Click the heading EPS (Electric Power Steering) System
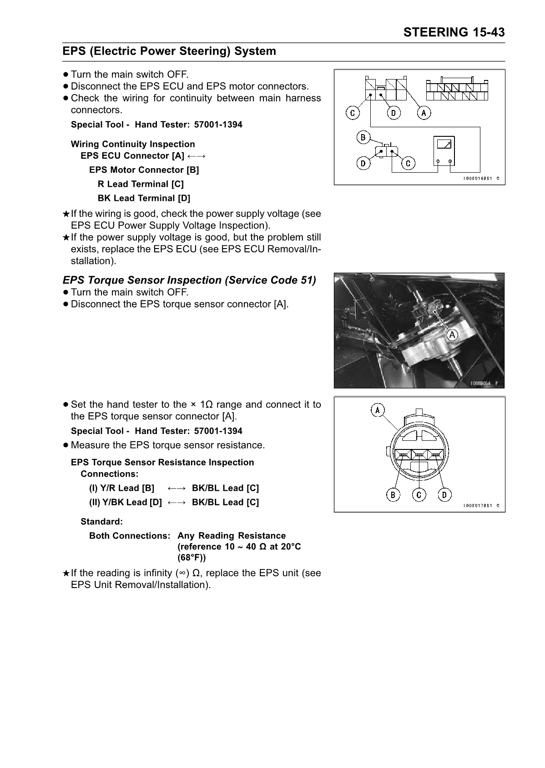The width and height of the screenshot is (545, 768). [169, 51]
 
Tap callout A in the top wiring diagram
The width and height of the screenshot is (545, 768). [424, 112]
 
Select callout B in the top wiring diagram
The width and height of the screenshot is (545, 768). [363, 137]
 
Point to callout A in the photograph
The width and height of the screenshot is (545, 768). [452, 335]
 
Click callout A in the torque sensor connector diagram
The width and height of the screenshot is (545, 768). [377, 410]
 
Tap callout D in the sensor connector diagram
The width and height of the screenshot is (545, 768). [444, 494]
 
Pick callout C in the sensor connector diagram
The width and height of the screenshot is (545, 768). [419, 494]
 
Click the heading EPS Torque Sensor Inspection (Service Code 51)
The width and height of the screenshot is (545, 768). [189, 280]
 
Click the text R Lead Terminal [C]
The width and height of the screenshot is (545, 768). [141, 184]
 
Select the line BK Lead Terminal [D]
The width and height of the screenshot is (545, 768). [144, 198]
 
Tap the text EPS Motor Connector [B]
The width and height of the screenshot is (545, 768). [144, 170]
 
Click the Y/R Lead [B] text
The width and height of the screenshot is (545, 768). [121, 488]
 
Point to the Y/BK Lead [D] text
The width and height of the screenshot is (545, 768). [125, 502]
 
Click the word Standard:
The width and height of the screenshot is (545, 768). [101, 521]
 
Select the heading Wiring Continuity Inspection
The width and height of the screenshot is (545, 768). [133, 144]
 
